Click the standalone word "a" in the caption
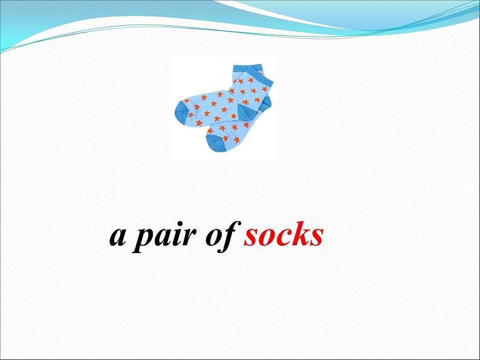coord(118,236)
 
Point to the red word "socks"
coord(284,234)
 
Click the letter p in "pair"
coord(145,240)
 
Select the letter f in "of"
coord(231,236)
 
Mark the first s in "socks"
coord(251,236)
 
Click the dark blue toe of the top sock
coord(181,113)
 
